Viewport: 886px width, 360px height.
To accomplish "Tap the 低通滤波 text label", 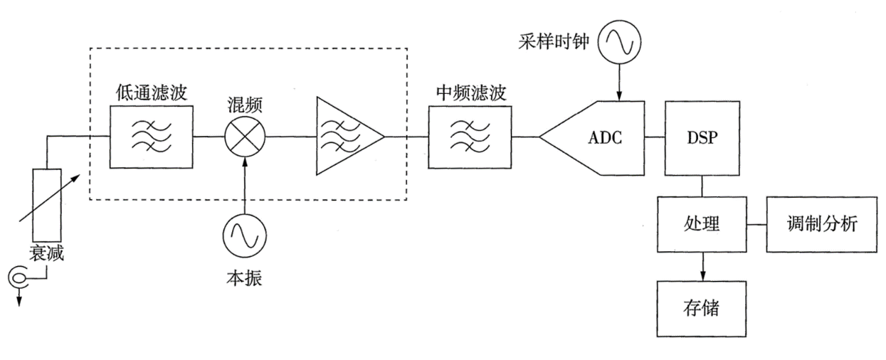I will tap(151, 93).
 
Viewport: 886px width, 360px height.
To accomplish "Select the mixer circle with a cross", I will tap(244, 137).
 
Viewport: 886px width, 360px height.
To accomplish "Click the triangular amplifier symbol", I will tap(344, 137).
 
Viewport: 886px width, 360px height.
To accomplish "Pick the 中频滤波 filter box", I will tap(470, 137).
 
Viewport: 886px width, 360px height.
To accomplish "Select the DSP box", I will tap(702, 137).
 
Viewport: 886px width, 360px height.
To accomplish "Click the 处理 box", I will tap(702, 224).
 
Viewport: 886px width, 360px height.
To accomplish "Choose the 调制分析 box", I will tap(822, 224).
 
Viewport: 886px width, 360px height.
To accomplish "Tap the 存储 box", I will tap(702, 307).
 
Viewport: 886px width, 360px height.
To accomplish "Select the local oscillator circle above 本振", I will tap(244, 235).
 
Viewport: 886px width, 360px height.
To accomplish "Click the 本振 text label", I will tap(244, 278).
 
